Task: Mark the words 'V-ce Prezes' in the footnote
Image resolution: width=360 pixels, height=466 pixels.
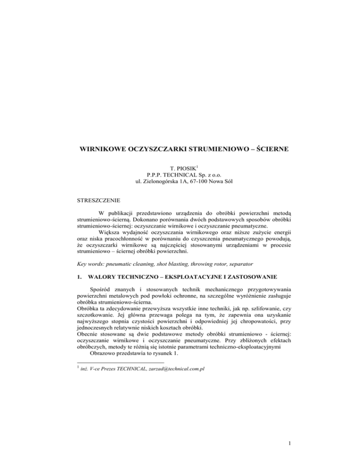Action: [108, 357]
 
